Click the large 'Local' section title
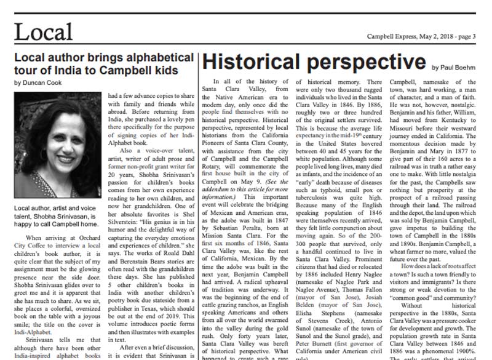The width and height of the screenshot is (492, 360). pos(44,31)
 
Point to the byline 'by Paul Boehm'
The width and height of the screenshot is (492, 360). pos(455,67)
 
